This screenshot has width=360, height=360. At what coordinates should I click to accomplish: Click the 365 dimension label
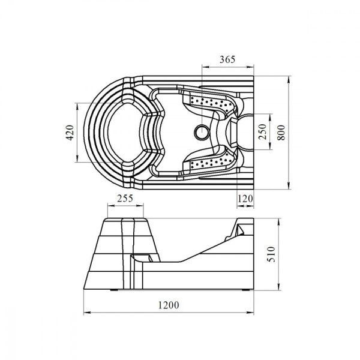tap(227, 59)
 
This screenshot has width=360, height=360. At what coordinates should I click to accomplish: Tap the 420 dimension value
tap(70, 133)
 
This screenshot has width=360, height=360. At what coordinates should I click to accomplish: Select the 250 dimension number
tap(262, 131)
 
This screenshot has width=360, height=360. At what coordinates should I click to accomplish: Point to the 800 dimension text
tap(281, 133)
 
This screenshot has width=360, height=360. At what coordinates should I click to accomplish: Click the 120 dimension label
tap(245, 199)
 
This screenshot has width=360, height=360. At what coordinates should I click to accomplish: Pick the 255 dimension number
tap(125, 198)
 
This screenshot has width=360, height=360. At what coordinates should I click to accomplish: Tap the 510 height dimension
tap(271, 254)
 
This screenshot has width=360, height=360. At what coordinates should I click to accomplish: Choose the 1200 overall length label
tap(169, 305)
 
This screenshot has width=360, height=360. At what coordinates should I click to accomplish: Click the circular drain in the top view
tap(202, 132)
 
